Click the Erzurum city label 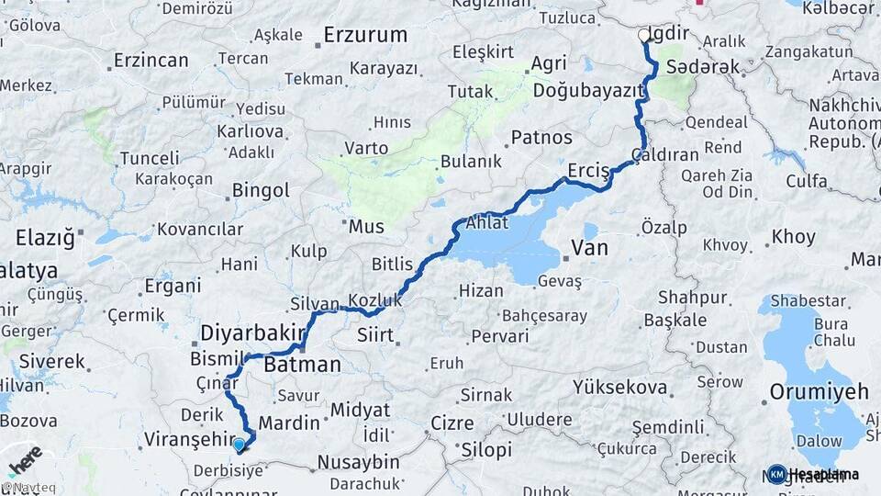[x=365, y=36]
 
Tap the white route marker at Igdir [x=643, y=35]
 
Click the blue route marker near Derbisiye [x=240, y=445]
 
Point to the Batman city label [x=302, y=365]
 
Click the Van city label [x=589, y=247]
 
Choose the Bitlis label [x=392, y=265]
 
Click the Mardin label [x=289, y=423]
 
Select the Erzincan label [x=151, y=61]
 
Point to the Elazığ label [x=44, y=239]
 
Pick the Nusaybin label [x=358, y=461]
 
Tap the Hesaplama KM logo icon [x=776, y=474]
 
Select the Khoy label [x=793, y=237]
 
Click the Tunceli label [x=150, y=158]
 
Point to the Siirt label [x=374, y=333]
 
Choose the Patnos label [x=541, y=138]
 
